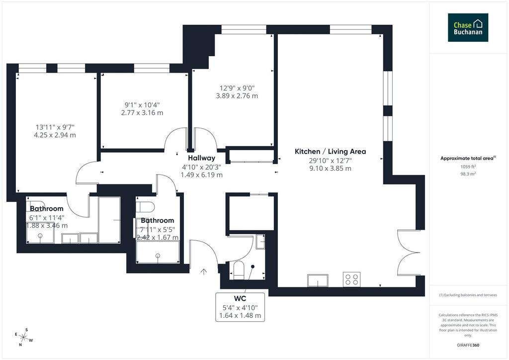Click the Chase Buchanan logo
pyautogui.click(x=468, y=27)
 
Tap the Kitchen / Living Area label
pyautogui.click(x=330, y=151)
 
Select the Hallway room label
pyautogui.click(x=202, y=158)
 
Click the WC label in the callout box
pyautogui.click(x=240, y=298)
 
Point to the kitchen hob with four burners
pyautogui.click(x=351, y=279)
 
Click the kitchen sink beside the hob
pyautogui.click(x=318, y=280)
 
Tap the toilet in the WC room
pyautogui.click(x=239, y=270)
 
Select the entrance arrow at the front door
pyautogui.click(x=203, y=271)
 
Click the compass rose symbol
pyautogui.click(x=24, y=337)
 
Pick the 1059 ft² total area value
pyautogui.click(x=468, y=167)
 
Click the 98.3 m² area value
pyautogui.click(x=468, y=174)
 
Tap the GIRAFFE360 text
pyautogui.click(x=468, y=345)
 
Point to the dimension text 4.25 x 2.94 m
pyautogui.click(x=55, y=135)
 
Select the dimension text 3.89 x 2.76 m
pyautogui.click(x=237, y=96)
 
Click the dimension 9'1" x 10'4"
pyautogui.click(x=142, y=105)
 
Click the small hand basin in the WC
pyautogui.click(x=260, y=242)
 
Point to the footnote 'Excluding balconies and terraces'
pyautogui.click(x=468, y=295)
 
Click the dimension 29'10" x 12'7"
pyautogui.click(x=331, y=161)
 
